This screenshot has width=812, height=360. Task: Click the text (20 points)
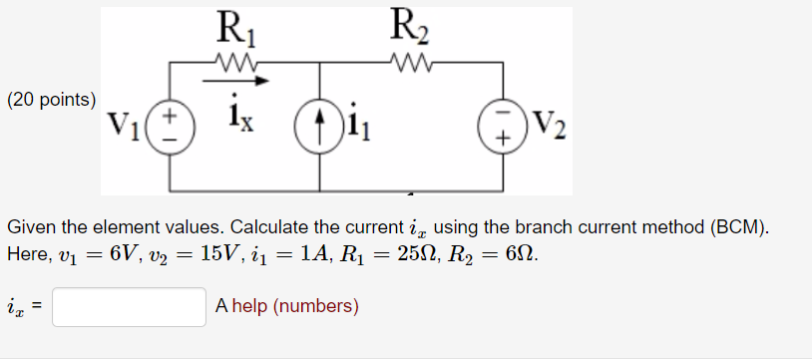[52, 99]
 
